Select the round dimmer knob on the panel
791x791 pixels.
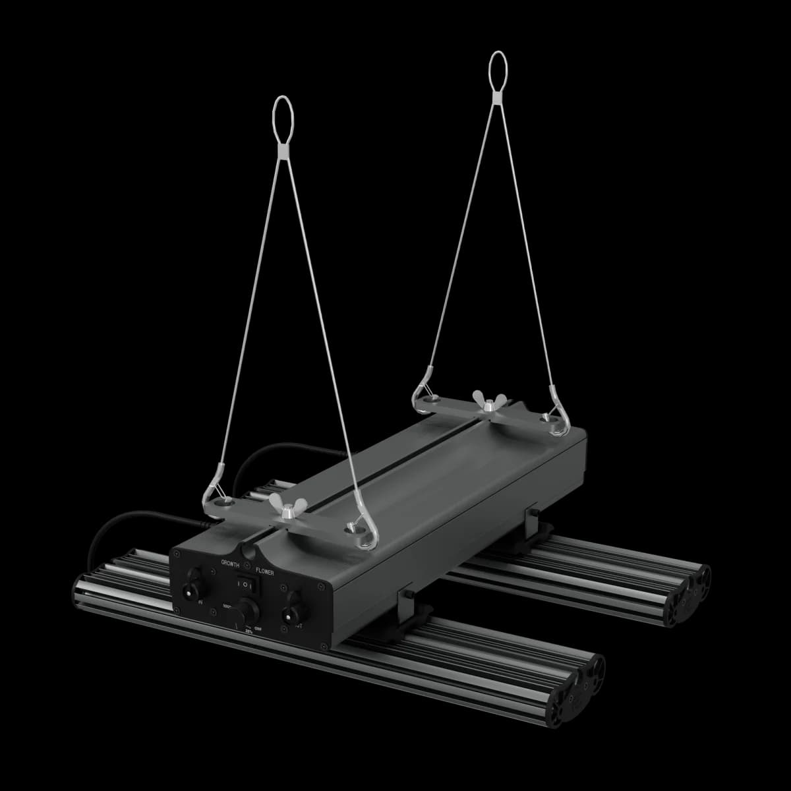coord(247,608)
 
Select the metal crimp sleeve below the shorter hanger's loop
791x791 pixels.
coord(282,153)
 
